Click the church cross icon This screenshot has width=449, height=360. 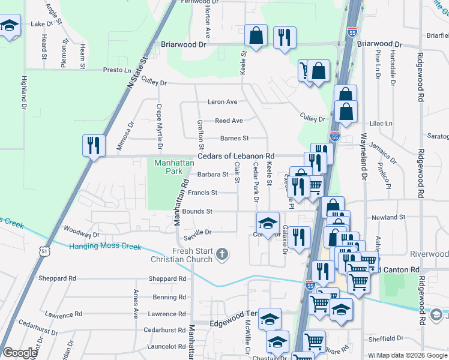[222, 255]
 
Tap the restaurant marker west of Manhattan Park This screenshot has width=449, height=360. [94, 145]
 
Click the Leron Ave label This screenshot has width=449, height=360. [222, 102]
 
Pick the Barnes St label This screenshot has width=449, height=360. [234, 138]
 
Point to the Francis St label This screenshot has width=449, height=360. [202, 193]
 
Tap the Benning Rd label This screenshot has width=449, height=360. [165, 297]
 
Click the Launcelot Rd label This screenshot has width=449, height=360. [164, 346]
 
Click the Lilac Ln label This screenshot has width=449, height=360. [380, 123]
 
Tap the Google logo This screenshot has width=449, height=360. [20, 353]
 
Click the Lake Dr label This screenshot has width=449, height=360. [42, 24]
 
